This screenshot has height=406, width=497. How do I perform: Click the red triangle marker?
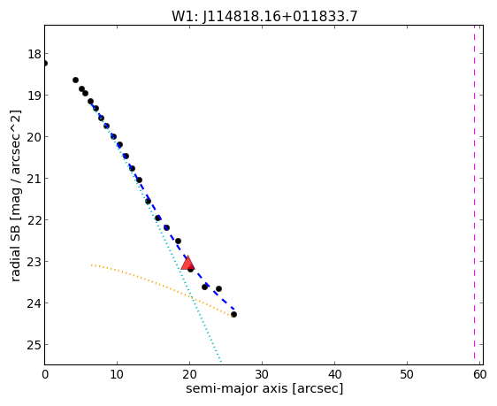click(x=187, y=263)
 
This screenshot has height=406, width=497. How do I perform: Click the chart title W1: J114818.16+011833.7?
click(x=264, y=16)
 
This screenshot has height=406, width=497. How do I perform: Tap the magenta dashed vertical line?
click(x=474, y=192)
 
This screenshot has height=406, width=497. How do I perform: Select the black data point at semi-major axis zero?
click(x=45, y=64)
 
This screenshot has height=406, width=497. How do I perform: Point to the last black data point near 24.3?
click(x=233, y=314)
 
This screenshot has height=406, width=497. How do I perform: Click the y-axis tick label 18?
click(x=34, y=54)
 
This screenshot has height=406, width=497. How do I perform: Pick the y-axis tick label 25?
click(x=34, y=344)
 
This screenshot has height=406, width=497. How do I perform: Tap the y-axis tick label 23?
click(x=34, y=262)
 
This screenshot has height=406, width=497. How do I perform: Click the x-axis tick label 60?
click(x=479, y=375)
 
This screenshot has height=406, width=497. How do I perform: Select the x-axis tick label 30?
click(x=262, y=375)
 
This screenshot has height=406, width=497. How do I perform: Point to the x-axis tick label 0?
click(x=45, y=375)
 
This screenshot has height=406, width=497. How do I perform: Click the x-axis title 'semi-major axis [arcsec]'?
click(x=264, y=388)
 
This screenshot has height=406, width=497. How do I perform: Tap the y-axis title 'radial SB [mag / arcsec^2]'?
click(x=15, y=195)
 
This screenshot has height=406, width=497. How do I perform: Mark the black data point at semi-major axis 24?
click(x=218, y=288)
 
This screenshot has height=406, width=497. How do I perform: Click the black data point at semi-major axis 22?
click(x=204, y=287)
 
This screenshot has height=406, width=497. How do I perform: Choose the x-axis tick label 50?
click(x=407, y=375)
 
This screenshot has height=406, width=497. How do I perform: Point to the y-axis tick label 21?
click(x=34, y=179)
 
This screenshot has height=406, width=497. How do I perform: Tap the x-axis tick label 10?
click(x=117, y=375)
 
